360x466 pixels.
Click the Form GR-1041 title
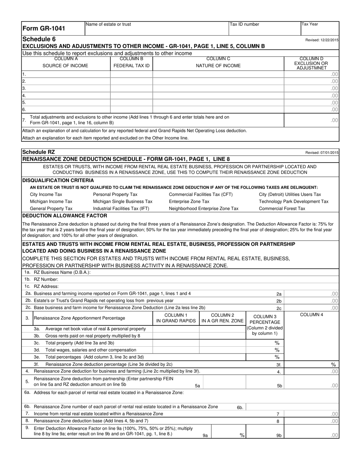tap(44, 28)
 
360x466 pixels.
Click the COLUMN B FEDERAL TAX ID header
tap(131, 63)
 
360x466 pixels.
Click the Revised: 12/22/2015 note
tap(322, 40)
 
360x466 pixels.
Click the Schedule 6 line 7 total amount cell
tap(311, 120)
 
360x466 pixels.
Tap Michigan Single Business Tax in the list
tap(123, 202)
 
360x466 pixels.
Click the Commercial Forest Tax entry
tap(282, 208)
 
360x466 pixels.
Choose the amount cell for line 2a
tap(311, 294)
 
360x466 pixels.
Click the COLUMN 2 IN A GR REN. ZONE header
tap(222, 318)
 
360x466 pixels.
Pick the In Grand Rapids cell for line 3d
tap(176, 350)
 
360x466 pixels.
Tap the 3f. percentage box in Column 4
tap(311, 364)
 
